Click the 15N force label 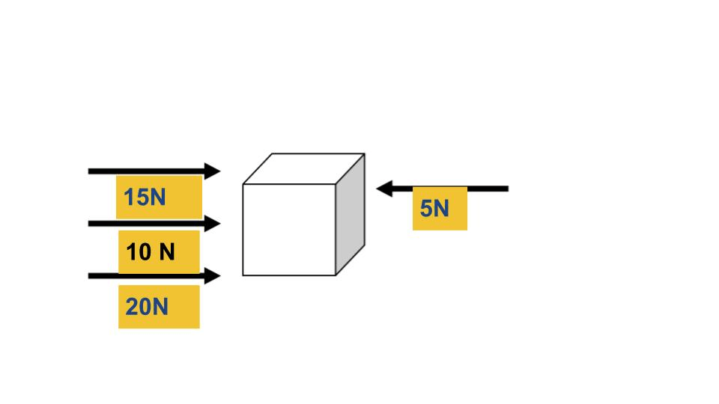(x=145, y=198)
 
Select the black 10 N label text (x=151, y=252)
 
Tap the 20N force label (x=147, y=307)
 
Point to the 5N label (x=434, y=209)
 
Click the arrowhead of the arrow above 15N (x=213, y=171)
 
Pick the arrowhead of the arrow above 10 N (x=213, y=224)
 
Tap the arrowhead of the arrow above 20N (x=213, y=276)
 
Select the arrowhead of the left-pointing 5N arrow (x=384, y=189)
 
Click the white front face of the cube (x=289, y=230)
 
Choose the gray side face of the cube (x=351, y=215)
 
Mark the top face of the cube (x=303, y=168)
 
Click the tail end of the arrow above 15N (x=88, y=171)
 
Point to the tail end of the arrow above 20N (x=88, y=276)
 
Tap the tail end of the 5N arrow (x=508, y=189)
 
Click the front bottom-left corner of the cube (x=243, y=275)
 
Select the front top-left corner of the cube (x=243, y=184)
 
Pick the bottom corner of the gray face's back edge (x=365, y=245)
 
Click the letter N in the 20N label (x=160, y=307)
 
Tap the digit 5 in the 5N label (x=425, y=209)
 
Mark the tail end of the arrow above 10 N (x=88, y=224)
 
